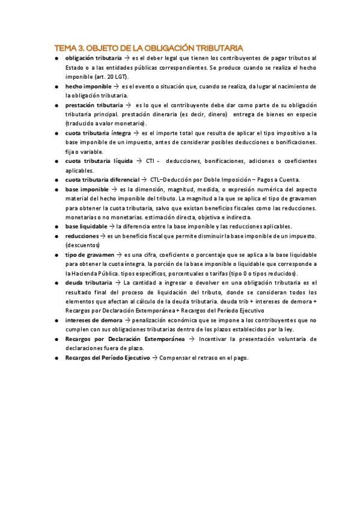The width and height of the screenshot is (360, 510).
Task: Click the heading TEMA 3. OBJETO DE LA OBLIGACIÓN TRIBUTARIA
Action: [148, 48]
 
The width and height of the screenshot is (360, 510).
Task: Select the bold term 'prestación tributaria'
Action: [94, 105]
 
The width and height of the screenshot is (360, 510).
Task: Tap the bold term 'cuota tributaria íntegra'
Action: [99, 133]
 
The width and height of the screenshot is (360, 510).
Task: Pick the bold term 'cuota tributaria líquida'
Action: [99, 161]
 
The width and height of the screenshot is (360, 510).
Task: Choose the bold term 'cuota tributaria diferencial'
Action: [102, 180]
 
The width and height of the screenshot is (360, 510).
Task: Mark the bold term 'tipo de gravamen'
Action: [90, 255]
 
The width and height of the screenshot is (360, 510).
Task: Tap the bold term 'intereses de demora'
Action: [93, 321]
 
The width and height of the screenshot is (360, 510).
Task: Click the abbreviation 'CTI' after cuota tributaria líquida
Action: [151, 161]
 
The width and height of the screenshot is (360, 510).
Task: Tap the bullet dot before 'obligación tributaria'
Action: [56, 58]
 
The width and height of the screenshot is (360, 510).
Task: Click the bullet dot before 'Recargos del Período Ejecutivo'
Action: [56, 358]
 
